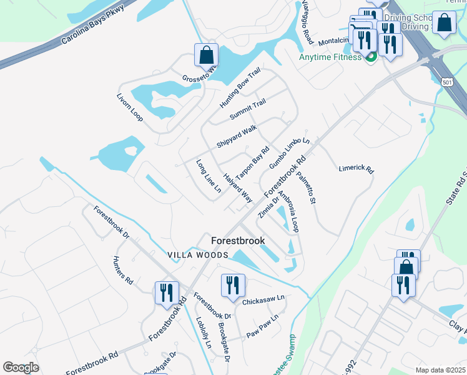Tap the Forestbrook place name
pos(238,241)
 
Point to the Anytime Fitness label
pos(330,57)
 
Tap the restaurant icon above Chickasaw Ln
pos(232,285)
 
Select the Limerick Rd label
pos(356,169)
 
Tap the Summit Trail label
pos(248,110)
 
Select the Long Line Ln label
pos(209,176)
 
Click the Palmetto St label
pos(307,188)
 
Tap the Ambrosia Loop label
pos(288,211)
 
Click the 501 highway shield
pos(446,82)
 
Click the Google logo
pos(21,367)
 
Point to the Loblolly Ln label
pos(204,335)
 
